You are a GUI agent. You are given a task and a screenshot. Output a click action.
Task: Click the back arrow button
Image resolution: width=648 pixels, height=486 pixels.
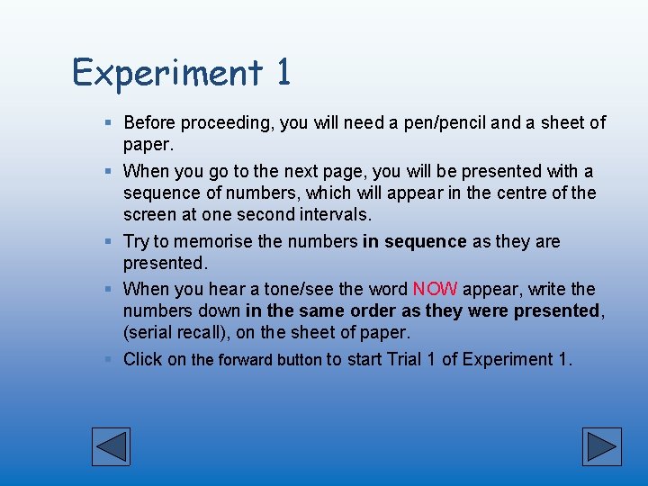[112, 446]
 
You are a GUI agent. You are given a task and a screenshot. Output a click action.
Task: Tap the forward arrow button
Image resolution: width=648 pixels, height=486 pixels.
[601, 446]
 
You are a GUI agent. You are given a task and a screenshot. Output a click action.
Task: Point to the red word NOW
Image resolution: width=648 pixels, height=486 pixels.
[435, 289]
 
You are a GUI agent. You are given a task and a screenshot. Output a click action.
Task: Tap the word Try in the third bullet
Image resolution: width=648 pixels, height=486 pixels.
[137, 241]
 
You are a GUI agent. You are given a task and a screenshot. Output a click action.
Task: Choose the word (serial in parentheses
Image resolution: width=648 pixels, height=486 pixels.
[148, 333]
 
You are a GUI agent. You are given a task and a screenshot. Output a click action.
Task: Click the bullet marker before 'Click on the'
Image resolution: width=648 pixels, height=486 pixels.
[108, 359]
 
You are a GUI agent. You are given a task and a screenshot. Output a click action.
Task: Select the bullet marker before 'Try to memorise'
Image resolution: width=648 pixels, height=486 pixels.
[108, 241]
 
